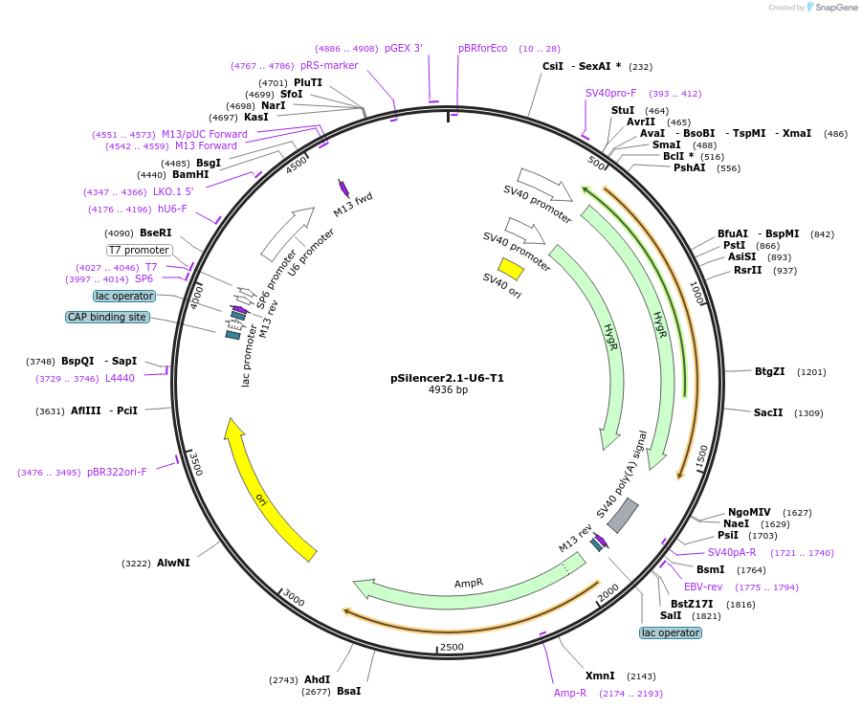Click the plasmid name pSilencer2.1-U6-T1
click(447, 378)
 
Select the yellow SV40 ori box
click(511, 268)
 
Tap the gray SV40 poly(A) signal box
click(623, 516)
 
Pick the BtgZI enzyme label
click(769, 371)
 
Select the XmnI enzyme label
click(600, 676)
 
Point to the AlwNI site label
click(173, 563)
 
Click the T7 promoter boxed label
click(139, 251)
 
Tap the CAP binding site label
click(107, 317)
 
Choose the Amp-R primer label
click(570, 693)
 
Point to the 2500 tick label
click(452, 647)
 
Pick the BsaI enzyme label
click(348, 691)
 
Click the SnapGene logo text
click(833, 8)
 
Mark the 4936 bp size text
click(448, 390)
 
